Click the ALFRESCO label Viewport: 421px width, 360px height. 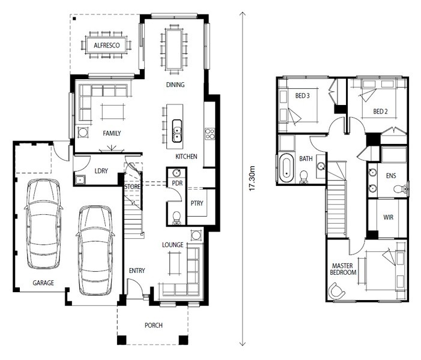point(106,46)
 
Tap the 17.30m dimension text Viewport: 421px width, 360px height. point(252,178)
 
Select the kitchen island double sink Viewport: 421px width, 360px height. point(177,131)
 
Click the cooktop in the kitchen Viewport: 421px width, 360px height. point(210,134)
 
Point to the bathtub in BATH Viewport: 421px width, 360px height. point(286,168)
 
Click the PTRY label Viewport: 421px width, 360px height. point(197,203)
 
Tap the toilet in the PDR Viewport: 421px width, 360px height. point(177,217)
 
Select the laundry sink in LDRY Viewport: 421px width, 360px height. point(80,180)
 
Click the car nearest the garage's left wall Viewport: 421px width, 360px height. point(43,224)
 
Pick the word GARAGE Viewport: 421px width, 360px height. point(43,283)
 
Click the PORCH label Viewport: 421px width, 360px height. point(154,325)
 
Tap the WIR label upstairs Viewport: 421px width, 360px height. point(388,217)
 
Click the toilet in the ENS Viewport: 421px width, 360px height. point(401,189)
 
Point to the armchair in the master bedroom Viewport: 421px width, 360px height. point(336,291)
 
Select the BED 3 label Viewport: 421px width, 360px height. point(302,96)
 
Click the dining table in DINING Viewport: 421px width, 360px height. point(174,49)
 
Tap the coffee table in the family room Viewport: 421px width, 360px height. point(113,112)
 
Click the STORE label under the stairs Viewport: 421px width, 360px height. point(132,187)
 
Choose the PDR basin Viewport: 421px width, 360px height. point(177,173)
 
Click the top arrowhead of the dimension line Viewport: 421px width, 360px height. point(243,13)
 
